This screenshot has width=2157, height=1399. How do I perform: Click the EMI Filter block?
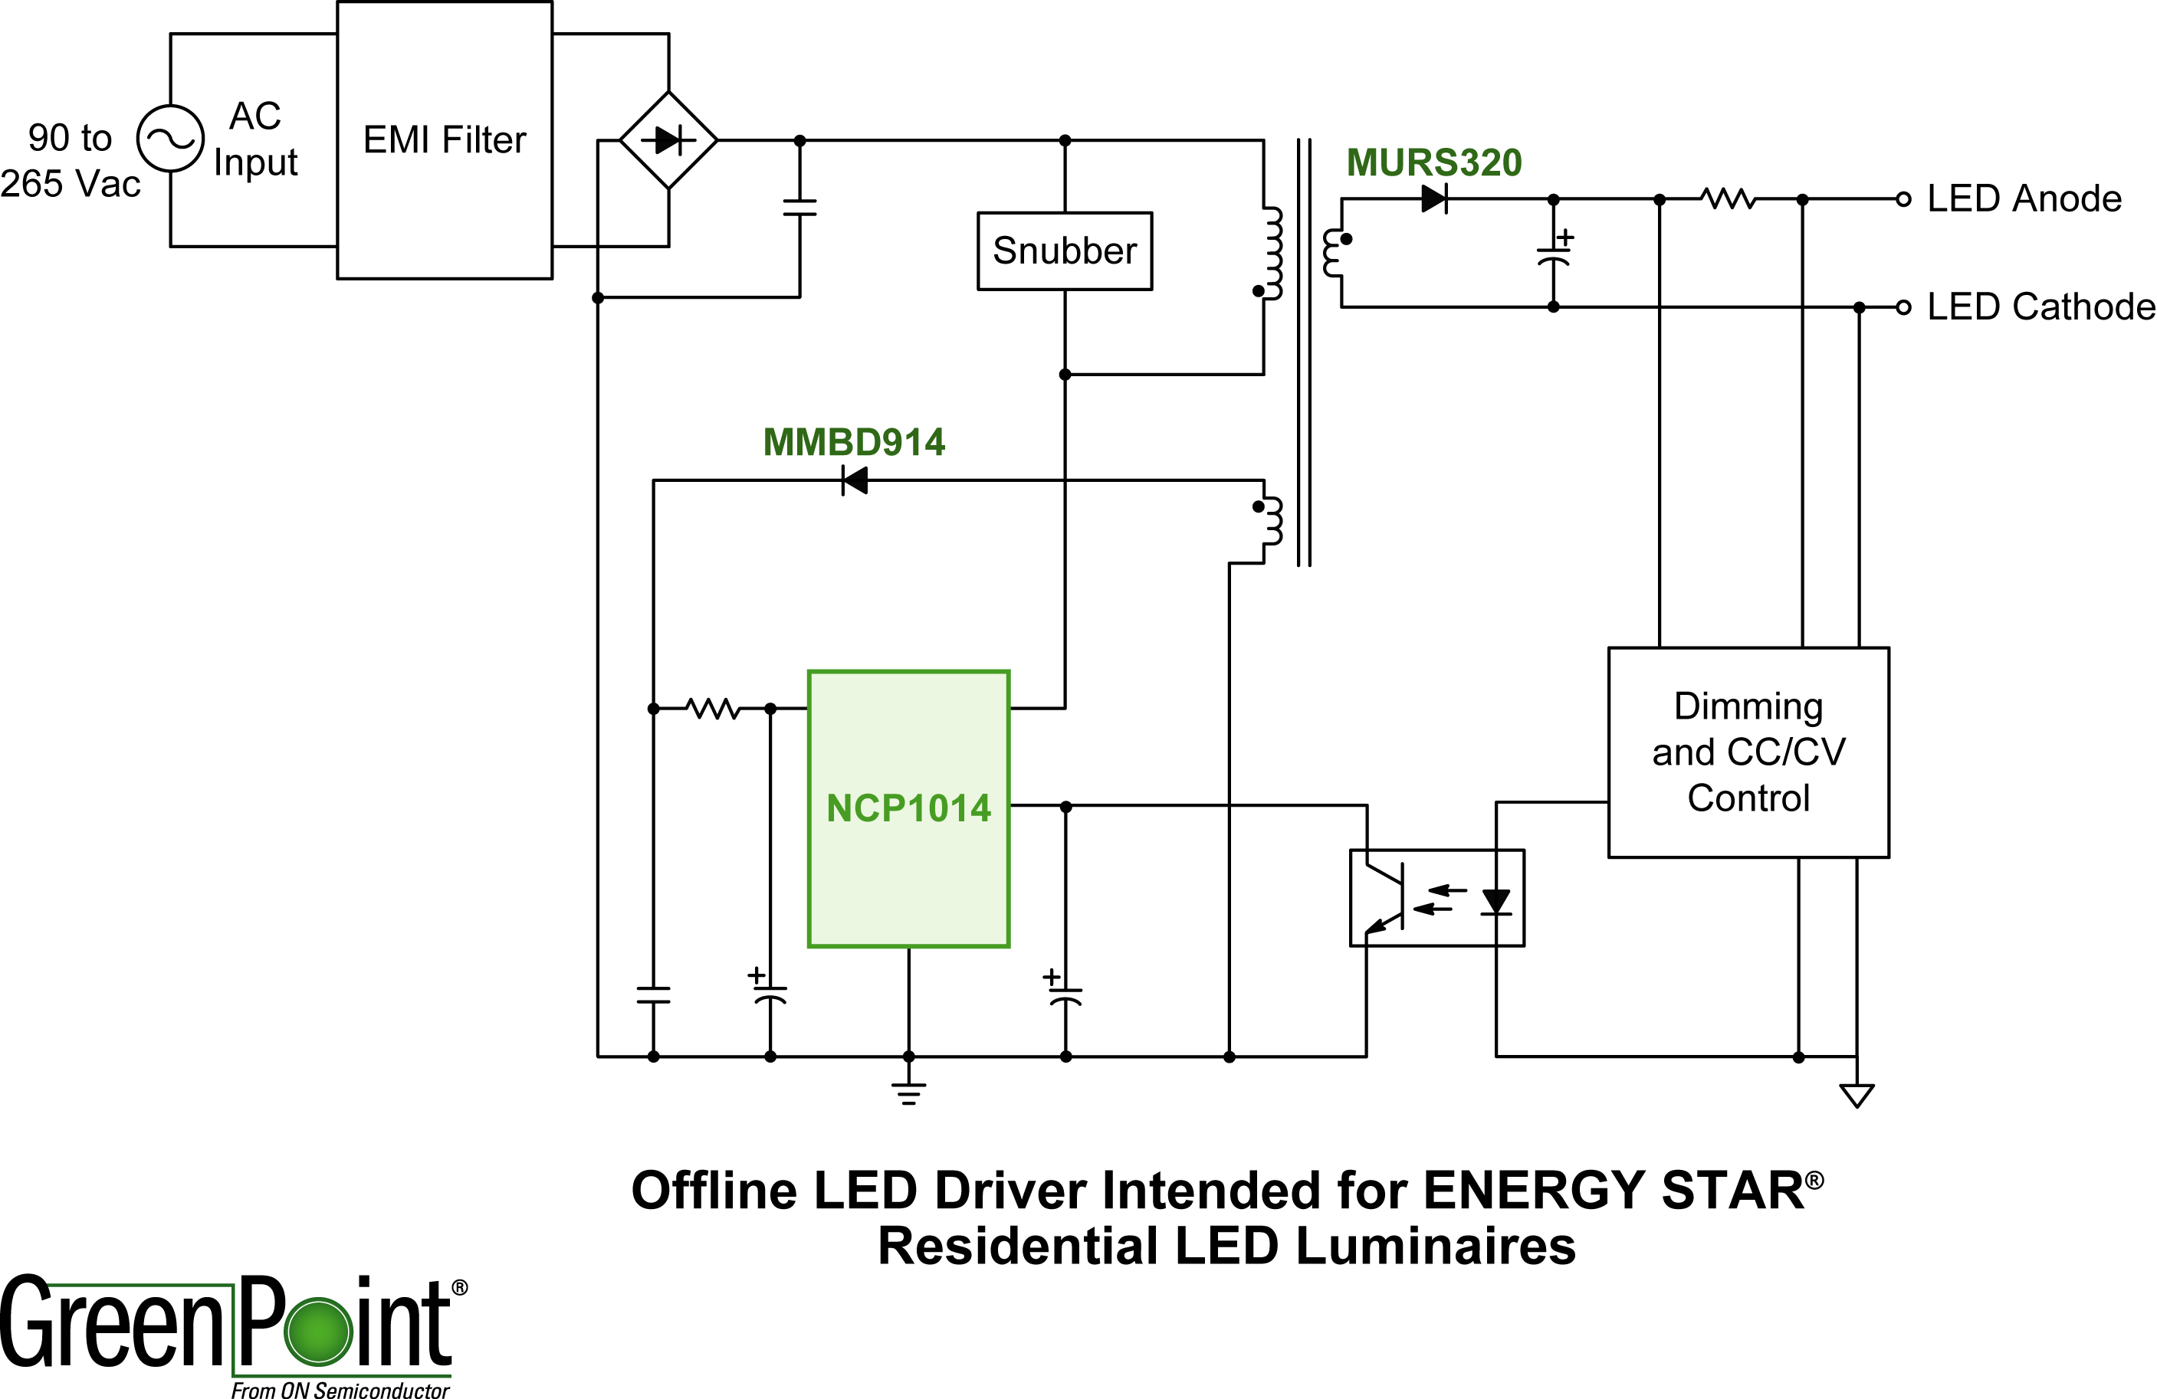tap(444, 140)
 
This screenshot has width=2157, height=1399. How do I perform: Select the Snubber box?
tap(1064, 251)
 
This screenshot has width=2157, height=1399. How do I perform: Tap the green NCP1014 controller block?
tap(908, 808)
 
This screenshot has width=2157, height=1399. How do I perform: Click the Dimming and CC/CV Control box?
tap(1748, 752)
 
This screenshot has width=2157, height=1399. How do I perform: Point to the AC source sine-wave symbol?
tap(170, 139)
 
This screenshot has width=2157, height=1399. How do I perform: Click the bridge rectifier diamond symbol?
tap(669, 140)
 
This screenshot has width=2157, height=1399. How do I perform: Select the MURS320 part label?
tap(1433, 163)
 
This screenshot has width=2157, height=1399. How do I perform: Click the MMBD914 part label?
tap(854, 443)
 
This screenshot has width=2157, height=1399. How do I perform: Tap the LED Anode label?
tap(2024, 198)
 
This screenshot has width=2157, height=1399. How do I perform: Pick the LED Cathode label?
tap(2040, 307)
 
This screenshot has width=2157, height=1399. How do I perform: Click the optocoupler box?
tap(1436, 898)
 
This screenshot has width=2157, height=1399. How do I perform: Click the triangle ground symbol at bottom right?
tap(1857, 1096)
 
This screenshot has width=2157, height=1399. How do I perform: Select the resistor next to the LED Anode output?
tap(1729, 198)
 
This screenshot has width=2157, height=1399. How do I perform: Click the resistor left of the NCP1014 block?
tap(714, 709)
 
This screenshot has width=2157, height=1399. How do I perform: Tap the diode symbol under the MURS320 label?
tap(1433, 198)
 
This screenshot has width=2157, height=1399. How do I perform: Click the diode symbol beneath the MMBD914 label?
tap(855, 480)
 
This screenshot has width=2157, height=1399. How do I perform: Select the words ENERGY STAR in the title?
tap(1614, 1191)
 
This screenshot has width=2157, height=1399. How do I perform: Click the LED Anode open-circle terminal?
tap(1903, 198)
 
